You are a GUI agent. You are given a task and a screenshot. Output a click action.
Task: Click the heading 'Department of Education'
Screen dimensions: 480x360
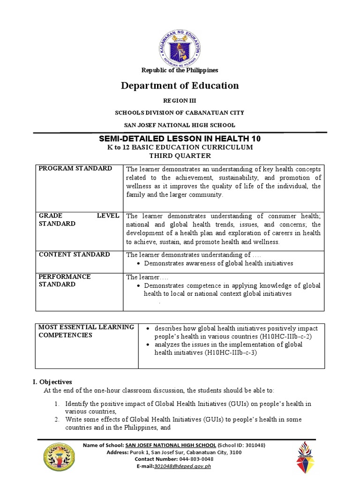click(x=180, y=85)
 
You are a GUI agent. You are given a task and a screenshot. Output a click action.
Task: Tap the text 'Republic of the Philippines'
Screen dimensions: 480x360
click(x=180, y=70)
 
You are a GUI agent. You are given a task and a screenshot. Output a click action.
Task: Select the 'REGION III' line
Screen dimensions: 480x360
click(x=180, y=101)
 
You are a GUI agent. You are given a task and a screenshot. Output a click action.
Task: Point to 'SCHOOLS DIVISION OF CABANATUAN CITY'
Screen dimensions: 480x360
click(x=180, y=113)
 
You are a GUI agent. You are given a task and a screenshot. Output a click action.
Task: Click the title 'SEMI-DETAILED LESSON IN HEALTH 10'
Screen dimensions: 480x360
click(x=180, y=139)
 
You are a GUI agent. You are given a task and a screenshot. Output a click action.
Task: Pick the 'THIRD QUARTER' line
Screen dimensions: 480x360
click(x=180, y=156)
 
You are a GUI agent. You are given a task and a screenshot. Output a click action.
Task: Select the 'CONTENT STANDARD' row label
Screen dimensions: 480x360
click(x=74, y=255)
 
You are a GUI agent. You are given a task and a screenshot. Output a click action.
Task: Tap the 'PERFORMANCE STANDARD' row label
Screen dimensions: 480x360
click(x=64, y=280)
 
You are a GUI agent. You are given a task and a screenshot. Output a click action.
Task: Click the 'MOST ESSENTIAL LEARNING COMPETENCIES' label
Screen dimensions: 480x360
click(x=86, y=331)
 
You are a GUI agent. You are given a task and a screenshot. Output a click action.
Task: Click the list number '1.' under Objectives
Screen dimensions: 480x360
click(x=55, y=404)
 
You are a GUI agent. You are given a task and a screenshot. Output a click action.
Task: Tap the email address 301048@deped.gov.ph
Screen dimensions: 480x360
click(x=187, y=466)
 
